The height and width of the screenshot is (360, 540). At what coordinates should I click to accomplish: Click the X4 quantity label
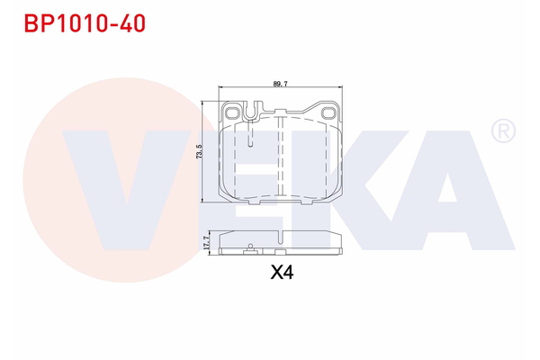[282, 271]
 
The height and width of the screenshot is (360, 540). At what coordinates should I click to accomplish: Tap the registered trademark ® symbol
[502, 132]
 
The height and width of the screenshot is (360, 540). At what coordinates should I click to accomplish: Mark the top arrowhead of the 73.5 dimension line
[205, 104]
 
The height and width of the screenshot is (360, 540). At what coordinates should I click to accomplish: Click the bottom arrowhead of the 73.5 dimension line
[205, 201]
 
